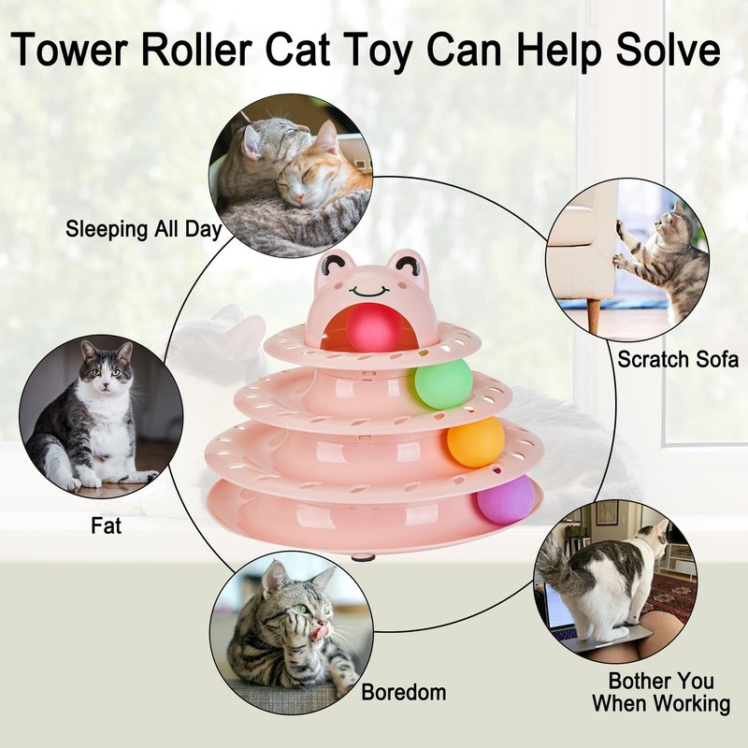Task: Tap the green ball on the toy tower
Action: pyautogui.click(x=443, y=384)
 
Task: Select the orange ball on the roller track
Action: pyautogui.click(x=476, y=442)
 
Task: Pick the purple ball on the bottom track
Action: pyautogui.click(x=506, y=499)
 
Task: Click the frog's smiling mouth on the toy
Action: pyautogui.click(x=368, y=290)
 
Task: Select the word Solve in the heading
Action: pyautogui.click(x=668, y=49)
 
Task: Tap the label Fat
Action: pyautogui.click(x=106, y=525)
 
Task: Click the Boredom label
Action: pyautogui.click(x=404, y=692)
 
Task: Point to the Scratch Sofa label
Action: pyautogui.click(x=678, y=359)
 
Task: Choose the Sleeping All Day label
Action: pyautogui.click(x=144, y=229)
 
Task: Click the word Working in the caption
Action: pyautogui.click(x=692, y=704)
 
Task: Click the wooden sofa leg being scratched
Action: pyautogui.click(x=594, y=316)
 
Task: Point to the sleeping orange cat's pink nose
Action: pyautogui.click(x=297, y=198)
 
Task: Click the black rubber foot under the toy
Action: pyautogui.click(x=364, y=556)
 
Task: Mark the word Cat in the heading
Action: pyautogui.click(x=297, y=50)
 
